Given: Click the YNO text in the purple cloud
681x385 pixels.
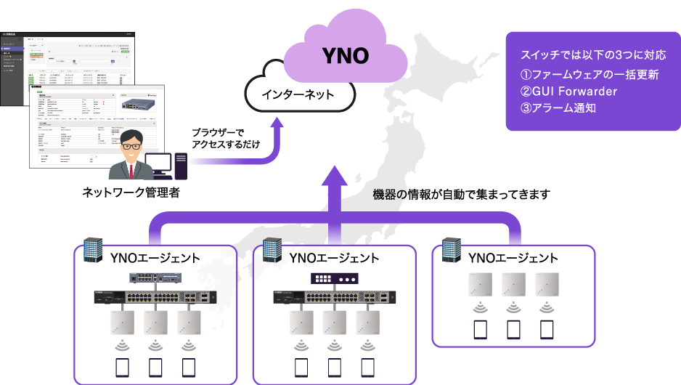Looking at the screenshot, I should (345, 56).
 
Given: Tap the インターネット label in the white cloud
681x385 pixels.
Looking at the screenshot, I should (298, 94).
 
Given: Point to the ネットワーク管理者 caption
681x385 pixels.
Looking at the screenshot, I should (131, 192).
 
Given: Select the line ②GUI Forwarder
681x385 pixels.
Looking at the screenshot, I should (568, 92).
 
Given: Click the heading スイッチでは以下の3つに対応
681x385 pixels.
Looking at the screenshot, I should (592, 56).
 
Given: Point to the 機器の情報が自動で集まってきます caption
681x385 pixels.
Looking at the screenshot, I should (461, 195).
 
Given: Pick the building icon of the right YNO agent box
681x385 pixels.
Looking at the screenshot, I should (452, 249).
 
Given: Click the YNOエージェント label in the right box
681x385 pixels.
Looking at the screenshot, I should (513, 258).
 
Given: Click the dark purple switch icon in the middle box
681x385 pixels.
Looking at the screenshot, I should (334, 277).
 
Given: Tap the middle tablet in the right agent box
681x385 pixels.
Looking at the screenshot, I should (513, 329).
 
